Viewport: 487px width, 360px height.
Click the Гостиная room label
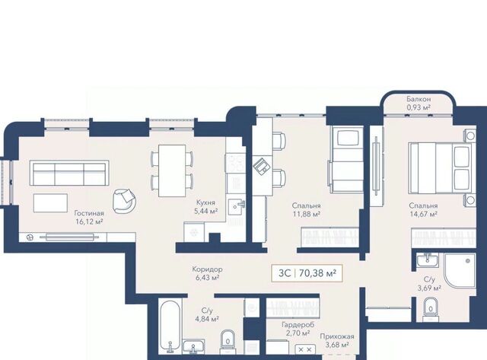point(89,213)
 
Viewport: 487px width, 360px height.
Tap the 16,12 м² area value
point(89,221)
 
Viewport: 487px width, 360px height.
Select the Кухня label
point(205,202)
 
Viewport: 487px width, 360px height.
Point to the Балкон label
point(419,100)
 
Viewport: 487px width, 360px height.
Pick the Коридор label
point(207,269)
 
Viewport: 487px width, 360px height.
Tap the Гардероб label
point(298,325)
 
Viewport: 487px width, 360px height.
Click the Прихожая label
point(337,336)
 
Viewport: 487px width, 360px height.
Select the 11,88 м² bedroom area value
point(306,214)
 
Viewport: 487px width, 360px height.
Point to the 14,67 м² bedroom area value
point(423,214)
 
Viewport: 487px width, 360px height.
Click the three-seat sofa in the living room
point(69,173)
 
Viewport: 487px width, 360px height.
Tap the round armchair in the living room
point(125,201)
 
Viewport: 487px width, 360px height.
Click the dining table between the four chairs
point(172,170)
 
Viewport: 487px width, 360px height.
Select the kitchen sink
point(236,207)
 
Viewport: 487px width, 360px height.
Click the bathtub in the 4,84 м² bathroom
point(170,325)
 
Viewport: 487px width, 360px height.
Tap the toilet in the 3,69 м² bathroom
point(431,307)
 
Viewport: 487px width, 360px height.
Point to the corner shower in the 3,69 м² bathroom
point(460,270)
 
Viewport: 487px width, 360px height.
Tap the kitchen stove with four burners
point(235,164)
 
